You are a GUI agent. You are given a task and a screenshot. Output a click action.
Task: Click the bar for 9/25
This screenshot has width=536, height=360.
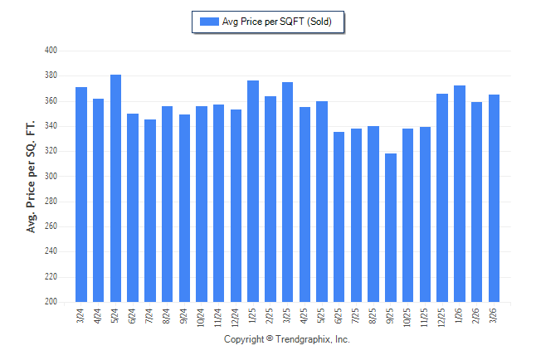(391, 227)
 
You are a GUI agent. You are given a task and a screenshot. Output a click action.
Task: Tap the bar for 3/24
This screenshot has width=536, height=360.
(81, 194)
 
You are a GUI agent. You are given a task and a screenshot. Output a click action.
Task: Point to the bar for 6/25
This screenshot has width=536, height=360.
(339, 216)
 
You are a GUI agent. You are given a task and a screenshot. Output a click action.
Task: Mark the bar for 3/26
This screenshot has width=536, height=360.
(495, 198)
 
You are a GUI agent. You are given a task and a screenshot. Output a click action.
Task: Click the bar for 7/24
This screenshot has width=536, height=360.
(150, 211)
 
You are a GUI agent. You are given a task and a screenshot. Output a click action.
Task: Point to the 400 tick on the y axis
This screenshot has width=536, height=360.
(50, 51)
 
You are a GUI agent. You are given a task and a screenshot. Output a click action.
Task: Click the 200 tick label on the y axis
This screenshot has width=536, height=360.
(50, 302)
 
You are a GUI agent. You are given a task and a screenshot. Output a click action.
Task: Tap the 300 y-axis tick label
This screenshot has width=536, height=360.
(50, 177)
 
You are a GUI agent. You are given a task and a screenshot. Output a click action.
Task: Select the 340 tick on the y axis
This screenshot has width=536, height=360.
(50, 126)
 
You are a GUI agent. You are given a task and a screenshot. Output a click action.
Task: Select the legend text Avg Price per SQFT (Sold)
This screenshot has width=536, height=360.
(277, 22)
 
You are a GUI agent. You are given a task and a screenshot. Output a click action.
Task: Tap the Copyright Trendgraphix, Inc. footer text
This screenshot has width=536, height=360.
(287, 339)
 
